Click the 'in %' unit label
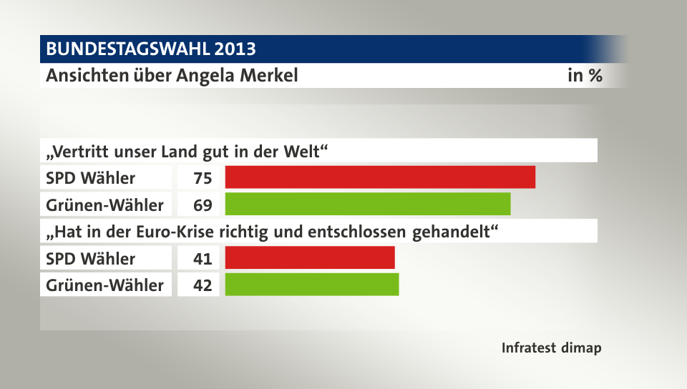[x=585, y=75]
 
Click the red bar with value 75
[x=380, y=177]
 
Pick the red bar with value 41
[x=310, y=257]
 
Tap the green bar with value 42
[x=312, y=285]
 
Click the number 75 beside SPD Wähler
[x=203, y=177]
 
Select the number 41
[x=203, y=258]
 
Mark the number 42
[x=203, y=285]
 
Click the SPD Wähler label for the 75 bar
[x=90, y=177]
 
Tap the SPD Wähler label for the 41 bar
[x=90, y=258]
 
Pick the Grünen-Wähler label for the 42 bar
[x=104, y=285]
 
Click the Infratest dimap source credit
[x=551, y=348]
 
